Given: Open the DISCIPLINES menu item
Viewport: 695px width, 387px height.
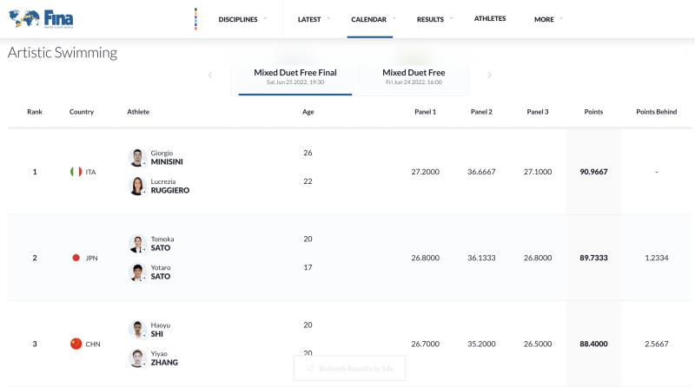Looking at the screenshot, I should pos(238,19).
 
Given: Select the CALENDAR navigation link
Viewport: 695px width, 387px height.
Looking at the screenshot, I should pos(369,19).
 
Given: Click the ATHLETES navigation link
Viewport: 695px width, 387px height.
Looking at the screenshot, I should pos(490,18).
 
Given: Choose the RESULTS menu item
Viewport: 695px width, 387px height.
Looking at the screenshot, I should pos(430,19).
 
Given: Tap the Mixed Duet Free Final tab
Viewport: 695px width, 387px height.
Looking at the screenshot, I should pos(295,76).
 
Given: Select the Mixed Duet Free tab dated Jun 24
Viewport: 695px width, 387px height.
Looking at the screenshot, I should pos(414,76).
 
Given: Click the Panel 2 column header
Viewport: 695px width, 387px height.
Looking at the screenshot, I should pos(481,112).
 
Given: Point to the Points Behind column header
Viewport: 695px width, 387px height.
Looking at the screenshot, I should pos(656,112).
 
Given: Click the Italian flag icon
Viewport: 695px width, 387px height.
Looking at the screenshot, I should pos(76,172).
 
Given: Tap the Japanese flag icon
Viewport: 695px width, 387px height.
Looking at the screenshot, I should pos(76,258).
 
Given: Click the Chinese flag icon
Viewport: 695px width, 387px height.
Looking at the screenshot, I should pos(76,344).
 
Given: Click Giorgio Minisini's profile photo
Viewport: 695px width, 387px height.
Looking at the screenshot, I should pos(137,157).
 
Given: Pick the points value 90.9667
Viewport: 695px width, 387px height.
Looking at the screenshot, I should pos(593,172).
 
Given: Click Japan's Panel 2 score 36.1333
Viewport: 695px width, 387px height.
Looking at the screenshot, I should pos(481,258).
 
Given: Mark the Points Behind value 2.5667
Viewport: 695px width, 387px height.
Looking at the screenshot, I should pos(656,344).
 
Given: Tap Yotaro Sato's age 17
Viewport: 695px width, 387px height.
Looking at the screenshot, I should pos(308,267).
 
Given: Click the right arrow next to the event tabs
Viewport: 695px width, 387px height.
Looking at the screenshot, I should pos(489,75).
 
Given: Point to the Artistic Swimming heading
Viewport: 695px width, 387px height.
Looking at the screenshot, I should pos(63,53).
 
